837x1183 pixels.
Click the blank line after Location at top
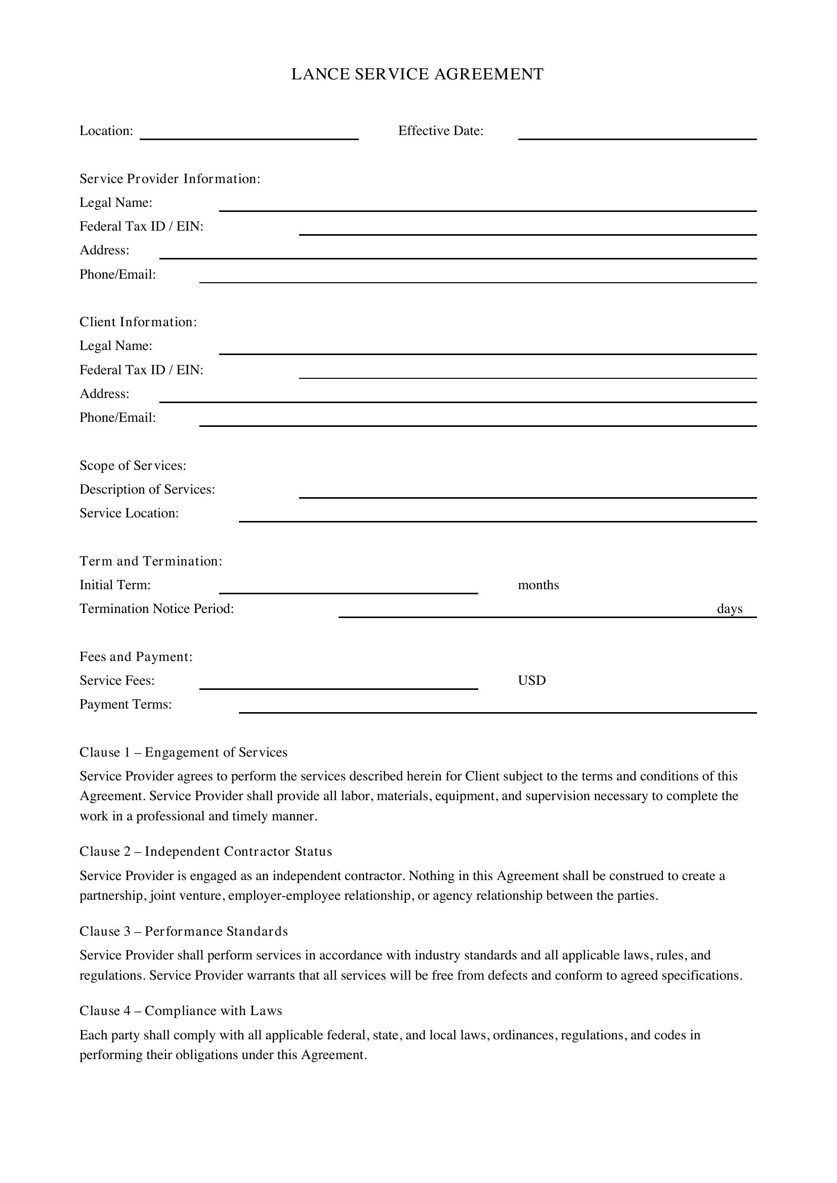click(x=249, y=134)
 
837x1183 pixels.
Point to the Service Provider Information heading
click(x=170, y=179)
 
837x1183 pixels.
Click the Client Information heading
click(x=138, y=322)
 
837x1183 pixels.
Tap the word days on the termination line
click(x=729, y=609)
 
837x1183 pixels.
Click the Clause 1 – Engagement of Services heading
click(x=184, y=753)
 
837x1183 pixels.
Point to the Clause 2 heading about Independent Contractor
click(x=205, y=852)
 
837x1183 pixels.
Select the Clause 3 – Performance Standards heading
click(x=184, y=932)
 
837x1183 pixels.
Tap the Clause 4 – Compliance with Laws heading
click(x=181, y=1011)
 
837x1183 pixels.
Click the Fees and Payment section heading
click(x=136, y=657)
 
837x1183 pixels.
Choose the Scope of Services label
click(x=133, y=466)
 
